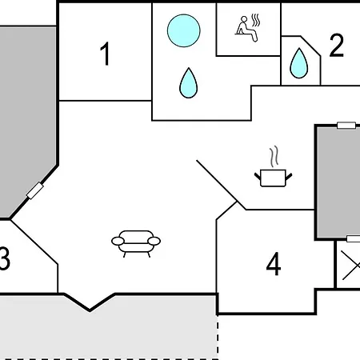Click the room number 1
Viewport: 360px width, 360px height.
(105, 54)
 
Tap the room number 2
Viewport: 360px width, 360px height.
(336, 45)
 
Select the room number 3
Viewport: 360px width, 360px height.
(5, 258)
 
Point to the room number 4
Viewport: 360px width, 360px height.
(274, 264)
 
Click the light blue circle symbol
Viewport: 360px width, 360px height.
(184, 30)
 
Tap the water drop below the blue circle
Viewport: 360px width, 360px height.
(189, 83)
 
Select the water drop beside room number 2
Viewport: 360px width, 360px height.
(299, 63)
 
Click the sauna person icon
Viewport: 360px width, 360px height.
(246, 29)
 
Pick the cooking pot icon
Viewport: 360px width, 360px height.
(273, 178)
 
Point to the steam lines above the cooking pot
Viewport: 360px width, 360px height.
(274, 157)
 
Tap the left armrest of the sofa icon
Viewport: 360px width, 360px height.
(118, 241)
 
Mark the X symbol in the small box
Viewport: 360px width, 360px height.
(351, 266)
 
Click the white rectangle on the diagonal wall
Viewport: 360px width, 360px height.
(35, 190)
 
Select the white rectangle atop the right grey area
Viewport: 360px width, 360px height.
(346, 126)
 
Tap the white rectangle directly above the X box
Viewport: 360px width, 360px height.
(354, 238)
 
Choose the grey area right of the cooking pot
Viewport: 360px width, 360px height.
(338, 182)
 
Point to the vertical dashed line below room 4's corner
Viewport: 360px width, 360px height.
(218, 337)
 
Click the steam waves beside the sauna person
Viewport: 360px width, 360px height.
(256, 20)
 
